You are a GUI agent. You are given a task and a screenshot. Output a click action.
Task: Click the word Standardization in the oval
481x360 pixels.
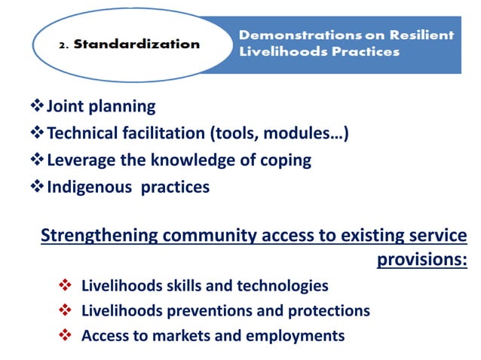click(x=144, y=43)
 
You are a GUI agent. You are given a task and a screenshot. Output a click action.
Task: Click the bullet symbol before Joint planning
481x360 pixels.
click(x=37, y=106)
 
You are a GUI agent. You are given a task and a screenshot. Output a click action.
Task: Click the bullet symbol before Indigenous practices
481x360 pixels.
click(x=37, y=187)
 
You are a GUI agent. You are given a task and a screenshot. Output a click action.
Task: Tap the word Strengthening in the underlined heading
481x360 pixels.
click(x=94, y=236)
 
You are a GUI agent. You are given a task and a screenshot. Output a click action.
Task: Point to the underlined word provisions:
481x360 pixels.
click(x=421, y=260)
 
